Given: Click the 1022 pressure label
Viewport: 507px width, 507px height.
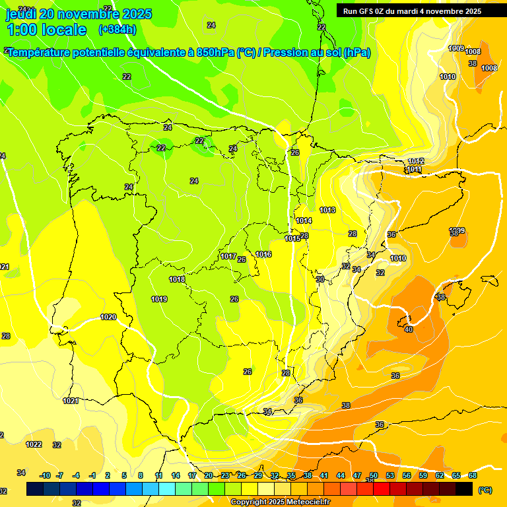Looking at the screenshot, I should pos(34,444).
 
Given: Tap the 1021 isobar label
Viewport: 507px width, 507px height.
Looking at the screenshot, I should pos(71,401).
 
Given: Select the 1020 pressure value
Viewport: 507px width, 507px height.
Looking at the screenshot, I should pos(108,318).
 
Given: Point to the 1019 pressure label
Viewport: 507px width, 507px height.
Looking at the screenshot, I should pos(159,299).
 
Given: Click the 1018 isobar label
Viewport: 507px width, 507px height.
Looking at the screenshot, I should pos(177,279).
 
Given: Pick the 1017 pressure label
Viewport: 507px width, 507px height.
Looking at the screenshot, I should pos(228,256).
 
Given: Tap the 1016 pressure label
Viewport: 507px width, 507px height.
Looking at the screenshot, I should pos(263,254).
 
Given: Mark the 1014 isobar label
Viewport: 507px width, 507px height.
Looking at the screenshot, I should pos(304,220).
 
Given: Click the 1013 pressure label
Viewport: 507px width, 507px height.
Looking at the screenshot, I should pos(327,210).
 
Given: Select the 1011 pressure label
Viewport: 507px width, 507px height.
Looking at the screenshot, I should pos(414,170).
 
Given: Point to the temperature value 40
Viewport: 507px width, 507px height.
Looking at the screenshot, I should pos(409,329).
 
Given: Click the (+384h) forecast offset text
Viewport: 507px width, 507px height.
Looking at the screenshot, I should pos(118,29).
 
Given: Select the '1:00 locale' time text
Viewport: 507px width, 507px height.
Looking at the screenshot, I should pos(46,30).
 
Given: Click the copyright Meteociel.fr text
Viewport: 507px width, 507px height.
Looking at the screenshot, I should pos(280,502).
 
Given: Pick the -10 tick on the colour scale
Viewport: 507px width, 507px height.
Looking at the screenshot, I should pos(45,475).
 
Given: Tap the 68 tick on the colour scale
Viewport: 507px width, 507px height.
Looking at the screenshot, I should pos(473,475).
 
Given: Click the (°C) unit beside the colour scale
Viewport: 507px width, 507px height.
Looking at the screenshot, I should pos(485,489).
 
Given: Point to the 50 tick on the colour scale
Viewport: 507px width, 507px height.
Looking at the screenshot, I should pos(374,475).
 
